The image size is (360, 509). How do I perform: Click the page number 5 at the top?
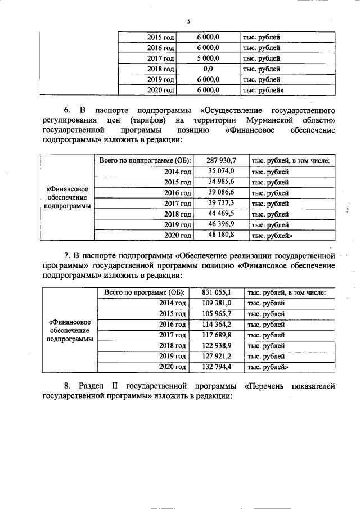pos(188,22)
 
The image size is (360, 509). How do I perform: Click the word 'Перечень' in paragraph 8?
pos(267,386)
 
